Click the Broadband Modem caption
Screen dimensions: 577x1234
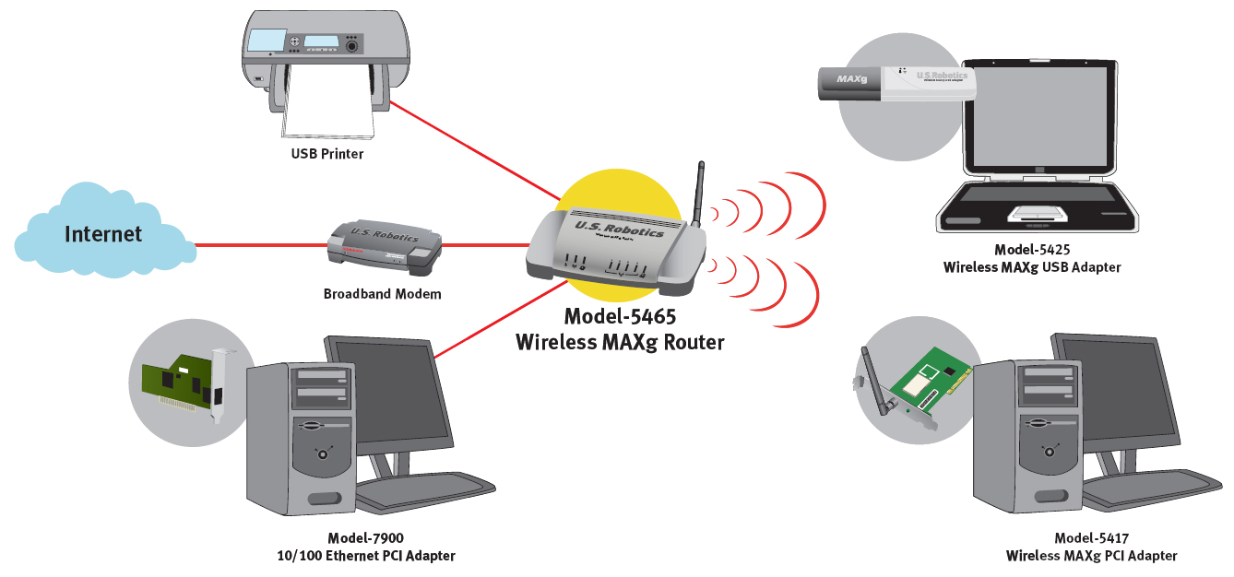(x=382, y=295)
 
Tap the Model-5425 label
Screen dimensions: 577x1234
(x=1031, y=250)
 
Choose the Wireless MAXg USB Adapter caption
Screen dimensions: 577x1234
(x=1031, y=267)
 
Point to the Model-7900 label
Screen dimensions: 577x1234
(x=365, y=538)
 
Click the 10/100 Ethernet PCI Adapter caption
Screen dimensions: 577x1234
(x=365, y=556)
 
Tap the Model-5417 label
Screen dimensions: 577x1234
(x=1091, y=538)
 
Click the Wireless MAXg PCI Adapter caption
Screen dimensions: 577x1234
(x=1091, y=556)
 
